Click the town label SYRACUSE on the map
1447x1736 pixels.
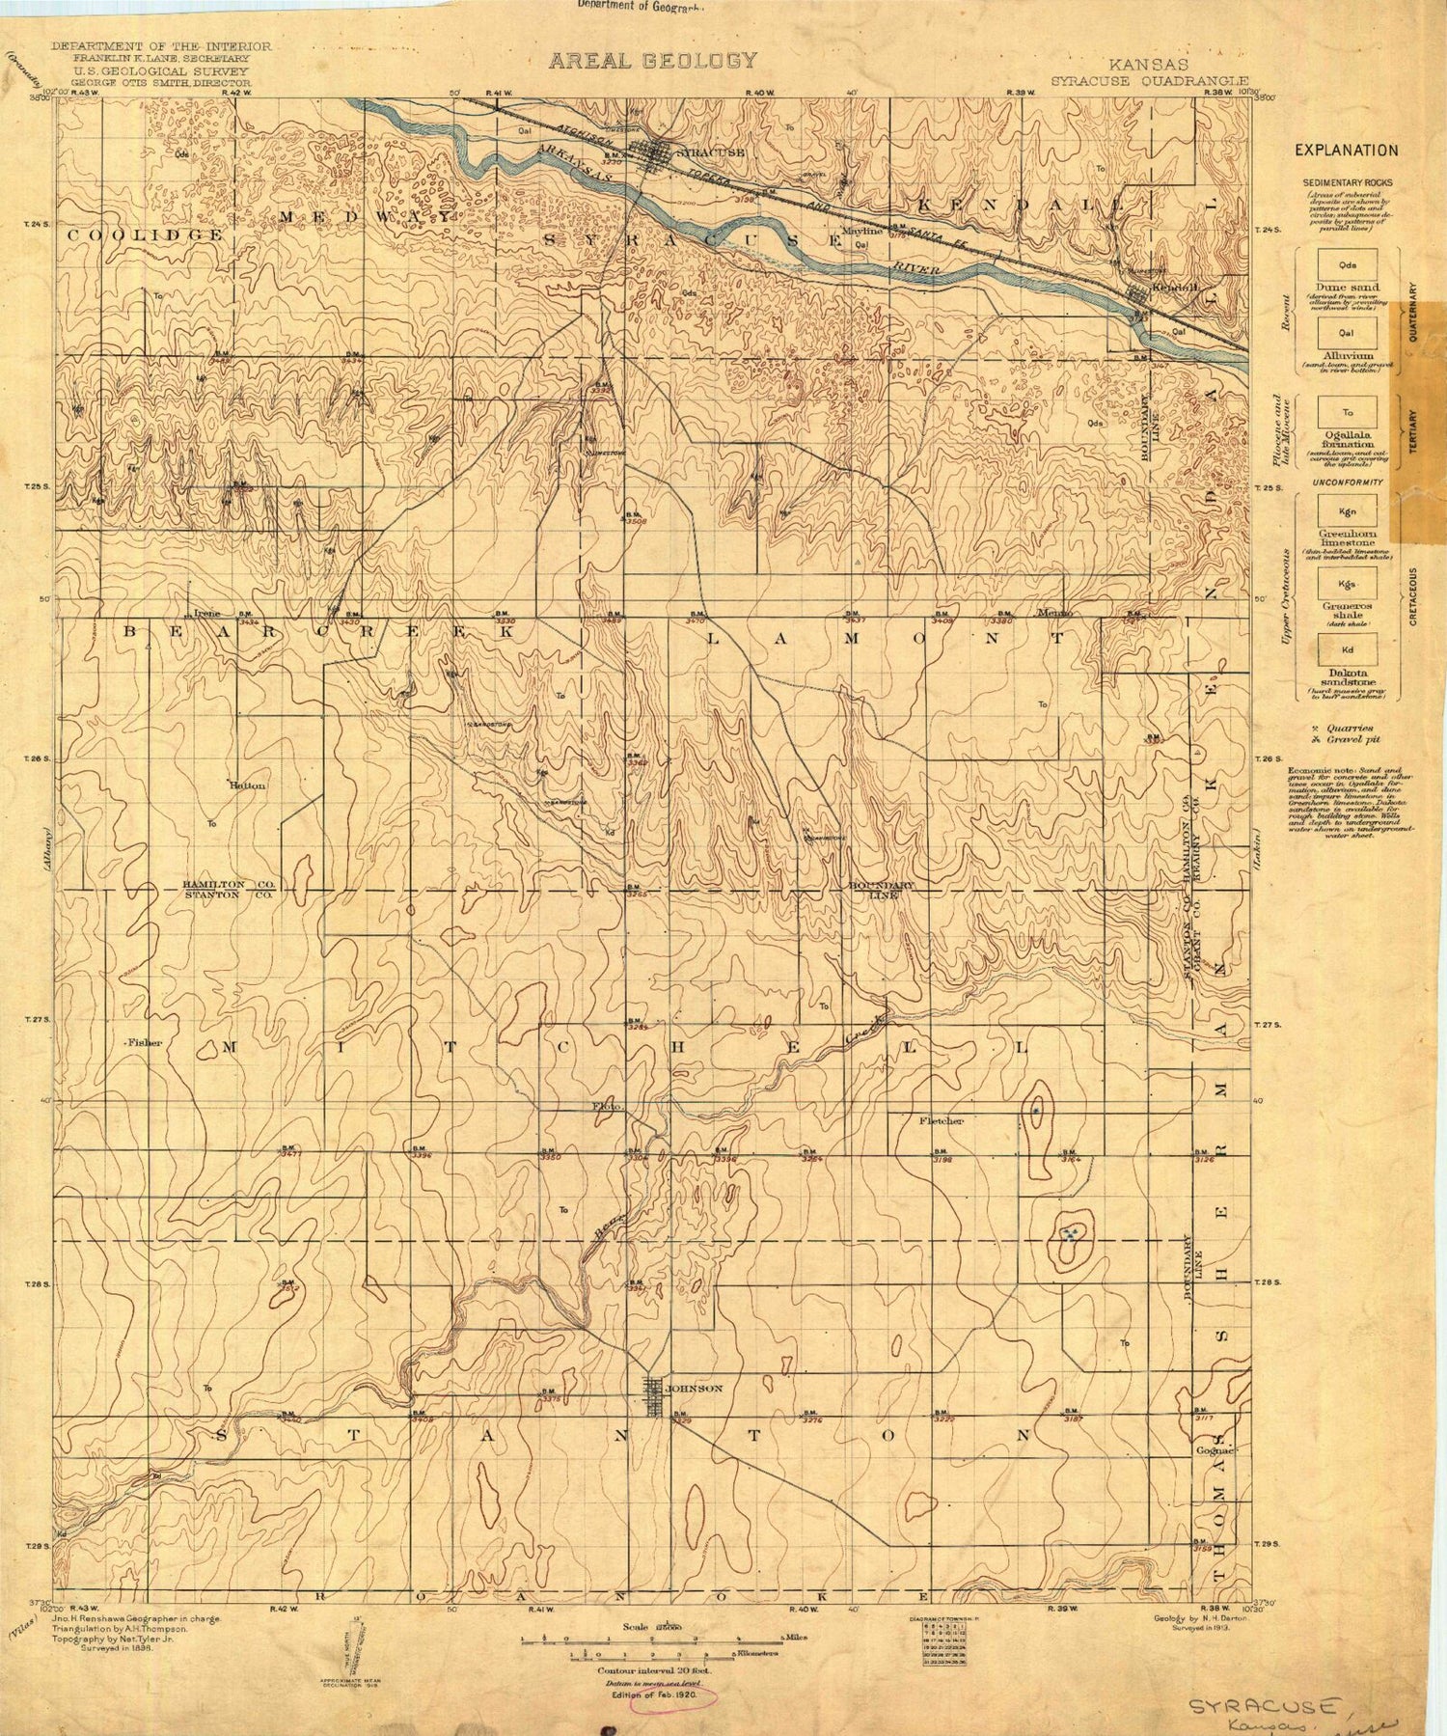click(x=709, y=152)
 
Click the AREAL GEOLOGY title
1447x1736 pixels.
click(x=653, y=61)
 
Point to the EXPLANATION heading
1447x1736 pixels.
click(x=1346, y=151)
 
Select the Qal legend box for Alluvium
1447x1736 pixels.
click(x=1348, y=333)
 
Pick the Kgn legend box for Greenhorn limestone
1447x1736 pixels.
click(x=1348, y=511)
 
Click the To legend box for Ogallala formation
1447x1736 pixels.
click(x=1348, y=413)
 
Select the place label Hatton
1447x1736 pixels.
click(x=247, y=785)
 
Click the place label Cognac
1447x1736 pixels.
click(x=1214, y=1450)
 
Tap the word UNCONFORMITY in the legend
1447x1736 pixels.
click(x=1348, y=482)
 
